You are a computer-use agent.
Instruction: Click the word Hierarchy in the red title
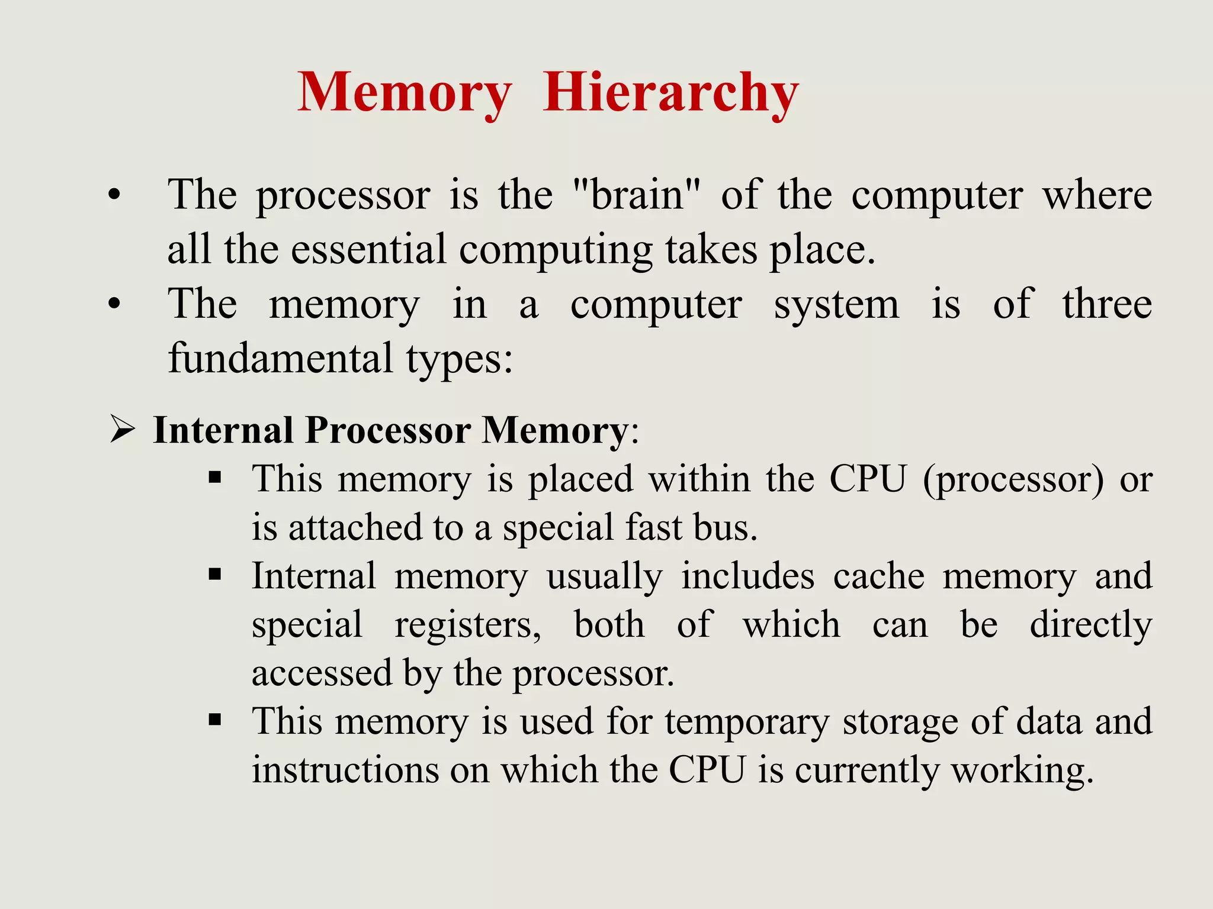[670, 94]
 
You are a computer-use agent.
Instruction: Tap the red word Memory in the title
[404, 94]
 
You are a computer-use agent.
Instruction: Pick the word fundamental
[281, 358]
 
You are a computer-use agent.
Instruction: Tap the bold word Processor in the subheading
[388, 430]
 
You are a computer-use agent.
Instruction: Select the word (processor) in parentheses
[1013, 479]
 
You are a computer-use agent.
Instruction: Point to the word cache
[878, 576]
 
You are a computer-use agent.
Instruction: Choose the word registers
[467, 625]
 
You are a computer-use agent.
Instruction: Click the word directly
[1091, 625]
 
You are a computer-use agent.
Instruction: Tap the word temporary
[746, 722]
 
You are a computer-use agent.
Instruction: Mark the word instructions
[345, 770]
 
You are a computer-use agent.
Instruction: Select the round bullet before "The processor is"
[114, 195]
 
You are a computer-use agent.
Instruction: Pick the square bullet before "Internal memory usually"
[215, 574]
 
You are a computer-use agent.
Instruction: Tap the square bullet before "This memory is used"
[215, 720]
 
